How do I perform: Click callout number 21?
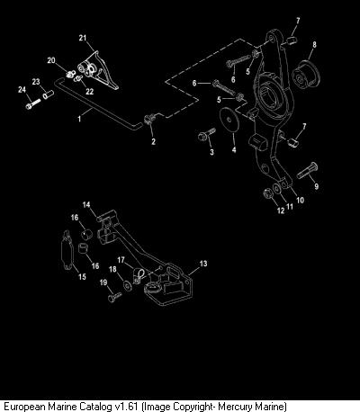click(x=83, y=38)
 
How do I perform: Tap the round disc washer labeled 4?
click(x=229, y=121)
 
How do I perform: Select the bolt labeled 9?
click(x=307, y=170)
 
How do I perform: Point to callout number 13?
click(x=203, y=264)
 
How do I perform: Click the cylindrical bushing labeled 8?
click(x=306, y=76)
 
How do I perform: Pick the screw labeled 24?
click(x=33, y=103)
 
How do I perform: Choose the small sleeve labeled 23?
click(x=48, y=94)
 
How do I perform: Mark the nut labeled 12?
click(x=267, y=193)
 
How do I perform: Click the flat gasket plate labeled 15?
click(x=67, y=251)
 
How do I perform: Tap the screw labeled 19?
click(x=114, y=297)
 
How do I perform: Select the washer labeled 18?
click(x=127, y=285)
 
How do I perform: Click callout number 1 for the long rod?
click(x=79, y=119)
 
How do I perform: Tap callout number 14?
click(x=86, y=205)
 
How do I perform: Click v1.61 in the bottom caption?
click(x=127, y=407)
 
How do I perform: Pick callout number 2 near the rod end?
click(x=153, y=141)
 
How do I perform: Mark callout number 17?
click(x=121, y=260)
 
